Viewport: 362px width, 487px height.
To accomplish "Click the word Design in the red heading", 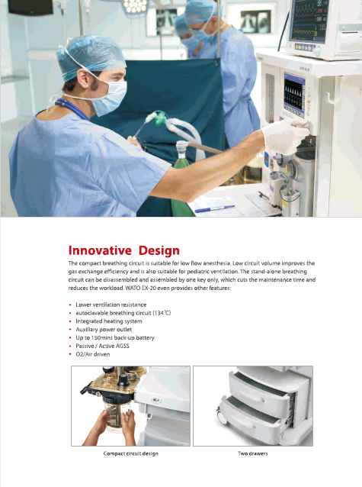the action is point(159,251).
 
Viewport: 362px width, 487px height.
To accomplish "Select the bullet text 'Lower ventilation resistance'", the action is point(111,305).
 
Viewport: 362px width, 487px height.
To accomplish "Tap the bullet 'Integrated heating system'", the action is point(109,321).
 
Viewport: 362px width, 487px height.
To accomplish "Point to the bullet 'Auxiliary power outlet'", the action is point(104,329).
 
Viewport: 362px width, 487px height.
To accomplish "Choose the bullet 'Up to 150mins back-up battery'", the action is point(115,337).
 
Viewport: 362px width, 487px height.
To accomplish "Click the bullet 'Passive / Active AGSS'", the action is point(102,346).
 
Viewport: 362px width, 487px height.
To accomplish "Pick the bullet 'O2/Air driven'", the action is point(93,354).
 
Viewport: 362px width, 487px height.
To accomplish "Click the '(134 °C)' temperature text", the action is point(162,313).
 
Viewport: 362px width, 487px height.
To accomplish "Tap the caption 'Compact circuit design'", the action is point(131,453).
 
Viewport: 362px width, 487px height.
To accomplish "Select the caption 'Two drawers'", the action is point(253,453).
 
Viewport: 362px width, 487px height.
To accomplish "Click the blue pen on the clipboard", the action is point(215,208).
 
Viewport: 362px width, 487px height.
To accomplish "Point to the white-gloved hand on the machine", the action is point(285,136).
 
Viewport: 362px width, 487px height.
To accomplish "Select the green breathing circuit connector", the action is point(160,118).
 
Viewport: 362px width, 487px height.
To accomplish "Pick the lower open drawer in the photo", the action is point(251,415).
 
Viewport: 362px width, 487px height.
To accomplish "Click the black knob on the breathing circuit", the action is point(123,380).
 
